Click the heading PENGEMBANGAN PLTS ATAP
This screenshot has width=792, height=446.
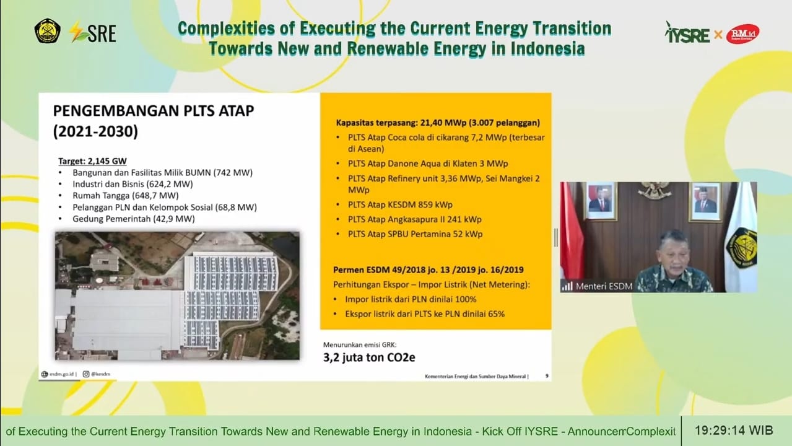(154, 110)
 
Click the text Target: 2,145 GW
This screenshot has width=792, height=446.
(92, 161)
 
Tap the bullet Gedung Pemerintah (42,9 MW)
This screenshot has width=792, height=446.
(133, 219)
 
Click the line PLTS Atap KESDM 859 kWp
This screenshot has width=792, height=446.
(399, 204)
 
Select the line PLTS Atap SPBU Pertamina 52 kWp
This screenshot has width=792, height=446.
(415, 234)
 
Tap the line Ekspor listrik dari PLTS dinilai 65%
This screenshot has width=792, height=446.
(425, 314)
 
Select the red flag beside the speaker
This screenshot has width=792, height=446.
(570, 235)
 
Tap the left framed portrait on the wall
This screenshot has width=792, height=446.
(599, 201)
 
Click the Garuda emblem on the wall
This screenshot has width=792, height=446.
(654, 190)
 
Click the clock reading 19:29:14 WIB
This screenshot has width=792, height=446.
(733, 430)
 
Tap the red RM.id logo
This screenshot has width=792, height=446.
(742, 33)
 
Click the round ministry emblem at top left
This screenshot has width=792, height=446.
(48, 31)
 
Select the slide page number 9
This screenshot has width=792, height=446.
(546, 375)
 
